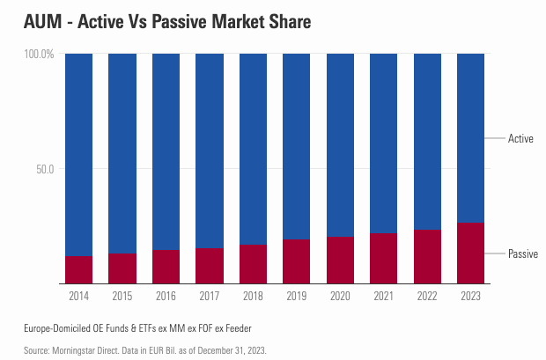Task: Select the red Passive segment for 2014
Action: tap(79, 270)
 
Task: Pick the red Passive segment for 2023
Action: tap(471, 253)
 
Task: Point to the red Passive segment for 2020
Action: tap(341, 261)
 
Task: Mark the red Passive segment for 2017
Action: tap(210, 266)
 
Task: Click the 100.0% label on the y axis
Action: tap(38, 55)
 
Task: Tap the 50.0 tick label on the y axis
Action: tap(43, 168)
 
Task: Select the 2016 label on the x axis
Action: tap(166, 297)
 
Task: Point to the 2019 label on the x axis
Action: tap(297, 297)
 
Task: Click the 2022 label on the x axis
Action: tap(427, 297)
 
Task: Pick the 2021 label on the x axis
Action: tap(384, 297)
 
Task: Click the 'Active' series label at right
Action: tap(520, 138)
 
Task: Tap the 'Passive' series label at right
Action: tap(523, 253)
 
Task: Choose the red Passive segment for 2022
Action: tap(427, 257)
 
